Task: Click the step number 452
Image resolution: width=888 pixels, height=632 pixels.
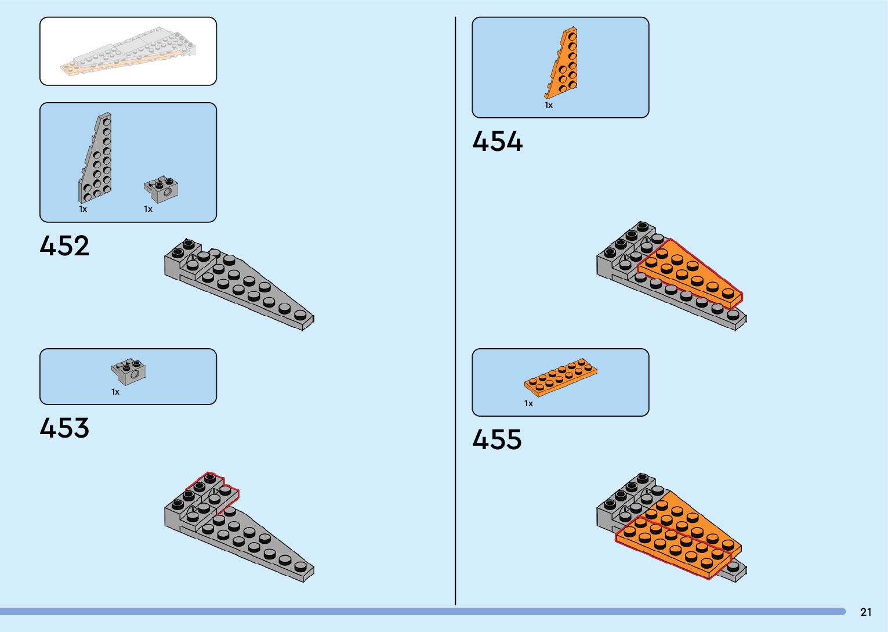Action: [64, 246]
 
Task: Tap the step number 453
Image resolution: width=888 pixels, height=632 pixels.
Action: [64, 428]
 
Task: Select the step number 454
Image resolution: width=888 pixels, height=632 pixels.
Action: [497, 142]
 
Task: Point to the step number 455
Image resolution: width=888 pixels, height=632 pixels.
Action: [497, 440]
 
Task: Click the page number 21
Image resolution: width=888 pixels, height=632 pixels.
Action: [865, 612]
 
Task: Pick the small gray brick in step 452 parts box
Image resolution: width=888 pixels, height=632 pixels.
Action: [161, 189]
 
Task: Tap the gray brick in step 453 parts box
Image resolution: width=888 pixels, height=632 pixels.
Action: [129, 371]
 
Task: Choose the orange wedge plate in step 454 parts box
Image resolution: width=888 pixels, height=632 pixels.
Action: [563, 64]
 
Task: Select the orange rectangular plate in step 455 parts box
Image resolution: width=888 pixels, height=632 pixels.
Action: [560, 377]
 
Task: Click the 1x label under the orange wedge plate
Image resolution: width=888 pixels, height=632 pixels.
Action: [548, 106]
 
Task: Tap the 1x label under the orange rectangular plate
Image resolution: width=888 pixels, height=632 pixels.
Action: [528, 403]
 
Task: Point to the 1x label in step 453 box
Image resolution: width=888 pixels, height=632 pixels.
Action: [115, 392]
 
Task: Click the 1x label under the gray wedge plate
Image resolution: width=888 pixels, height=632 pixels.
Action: [83, 209]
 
